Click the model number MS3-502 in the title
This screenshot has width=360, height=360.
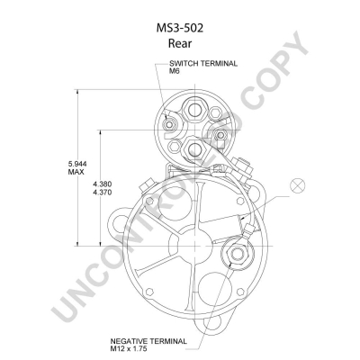click(x=180, y=28)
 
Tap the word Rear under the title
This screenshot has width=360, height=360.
click(x=180, y=43)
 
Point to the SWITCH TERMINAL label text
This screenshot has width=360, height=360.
click(x=203, y=64)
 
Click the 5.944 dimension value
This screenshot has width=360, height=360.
click(x=77, y=164)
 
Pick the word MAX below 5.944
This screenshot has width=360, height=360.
click(x=76, y=172)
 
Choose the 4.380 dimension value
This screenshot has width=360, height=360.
click(x=103, y=184)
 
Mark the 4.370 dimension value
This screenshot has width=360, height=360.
click(x=103, y=193)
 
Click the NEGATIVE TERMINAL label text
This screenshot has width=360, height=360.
click(x=148, y=341)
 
